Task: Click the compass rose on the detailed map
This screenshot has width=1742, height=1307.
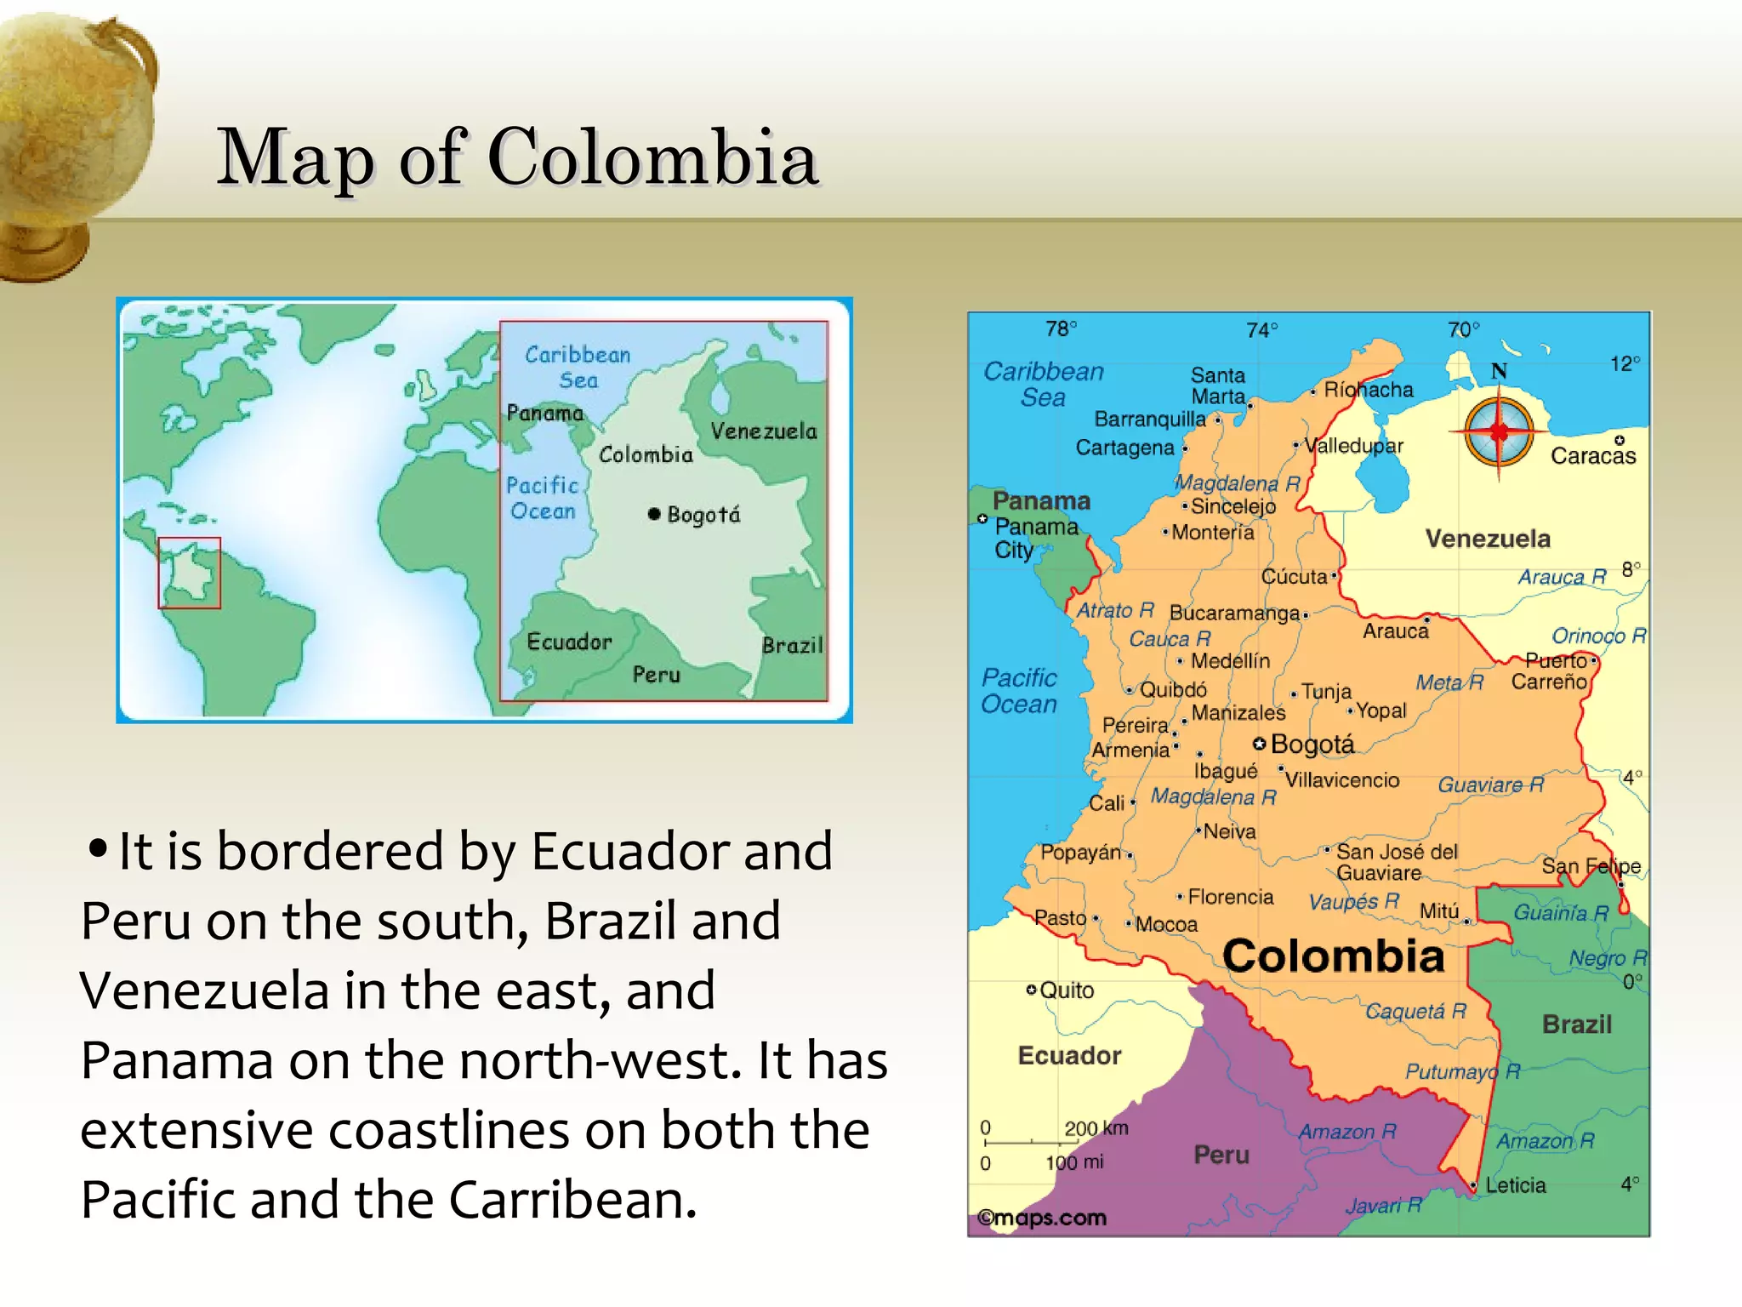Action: [1499, 431]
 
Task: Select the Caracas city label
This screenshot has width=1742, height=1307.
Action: [1592, 456]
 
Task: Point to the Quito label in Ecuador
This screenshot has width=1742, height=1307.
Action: [1066, 990]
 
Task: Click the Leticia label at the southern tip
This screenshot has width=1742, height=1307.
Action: [1515, 1185]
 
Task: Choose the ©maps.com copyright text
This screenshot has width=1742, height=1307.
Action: [1042, 1218]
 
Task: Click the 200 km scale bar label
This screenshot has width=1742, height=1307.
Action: [1096, 1128]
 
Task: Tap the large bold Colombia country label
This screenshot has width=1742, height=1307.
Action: [1333, 956]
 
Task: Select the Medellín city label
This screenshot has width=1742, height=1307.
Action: [1229, 661]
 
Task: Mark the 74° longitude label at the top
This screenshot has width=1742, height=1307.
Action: [1261, 330]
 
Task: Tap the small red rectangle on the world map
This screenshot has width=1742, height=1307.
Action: [189, 573]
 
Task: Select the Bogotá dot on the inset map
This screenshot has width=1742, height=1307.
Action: [653, 514]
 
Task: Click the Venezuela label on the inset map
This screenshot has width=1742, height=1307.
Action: [763, 431]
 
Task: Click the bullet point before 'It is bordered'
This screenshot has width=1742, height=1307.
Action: [98, 848]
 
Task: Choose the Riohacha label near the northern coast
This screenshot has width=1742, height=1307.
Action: [1368, 390]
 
